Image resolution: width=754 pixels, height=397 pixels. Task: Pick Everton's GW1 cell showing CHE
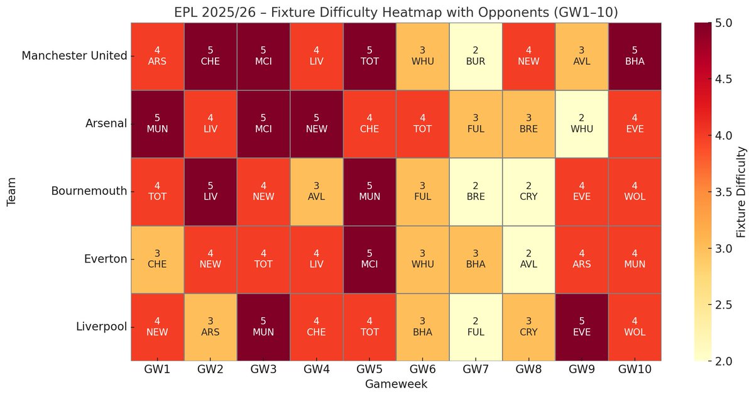(x=157, y=259)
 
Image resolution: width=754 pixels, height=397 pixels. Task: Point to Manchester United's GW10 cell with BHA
(x=635, y=56)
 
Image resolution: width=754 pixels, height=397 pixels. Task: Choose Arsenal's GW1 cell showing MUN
(x=157, y=124)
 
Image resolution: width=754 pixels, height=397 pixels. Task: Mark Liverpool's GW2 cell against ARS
(x=210, y=326)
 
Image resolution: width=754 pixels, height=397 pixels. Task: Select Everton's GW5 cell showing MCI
(x=369, y=259)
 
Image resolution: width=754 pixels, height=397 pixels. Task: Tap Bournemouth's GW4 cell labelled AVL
(x=316, y=191)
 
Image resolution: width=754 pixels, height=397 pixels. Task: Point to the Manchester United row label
(x=74, y=57)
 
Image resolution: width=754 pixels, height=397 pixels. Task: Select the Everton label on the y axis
(x=106, y=259)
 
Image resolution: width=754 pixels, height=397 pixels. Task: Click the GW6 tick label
(x=422, y=370)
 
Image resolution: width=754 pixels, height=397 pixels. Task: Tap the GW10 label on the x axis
(x=635, y=370)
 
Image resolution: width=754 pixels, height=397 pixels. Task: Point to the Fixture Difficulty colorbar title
(x=742, y=192)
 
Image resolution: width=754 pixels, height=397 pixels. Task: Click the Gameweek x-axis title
(x=396, y=384)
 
